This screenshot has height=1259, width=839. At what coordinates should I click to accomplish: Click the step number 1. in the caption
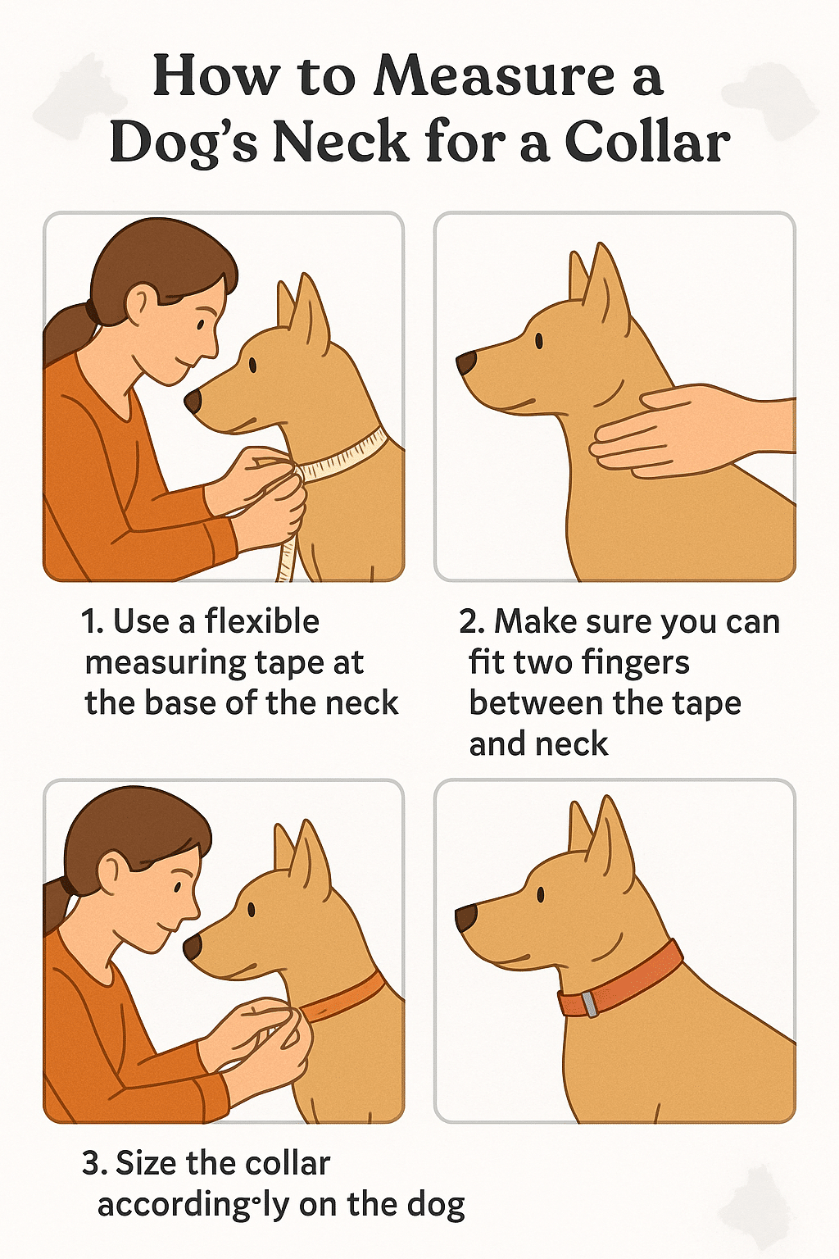(92, 622)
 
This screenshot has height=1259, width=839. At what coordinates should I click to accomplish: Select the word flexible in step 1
(261, 621)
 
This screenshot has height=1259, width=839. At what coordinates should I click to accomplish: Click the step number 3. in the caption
(94, 1164)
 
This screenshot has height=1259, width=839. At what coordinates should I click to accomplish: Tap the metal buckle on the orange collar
(588, 1005)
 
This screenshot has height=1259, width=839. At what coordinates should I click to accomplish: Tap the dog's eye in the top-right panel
(539, 340)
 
